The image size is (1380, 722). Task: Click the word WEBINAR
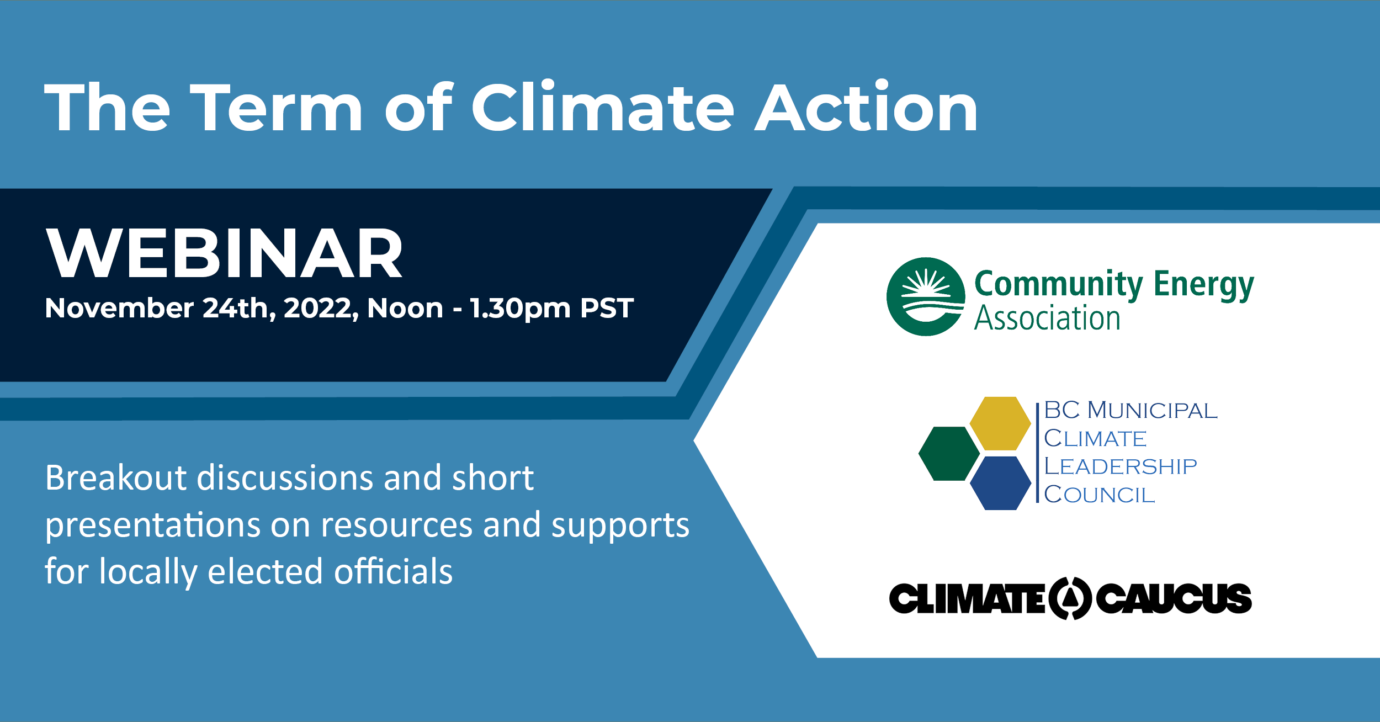pyautogui.click(x=225, y=253)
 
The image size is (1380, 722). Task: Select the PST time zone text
pyautogui.click(x=607, y=308)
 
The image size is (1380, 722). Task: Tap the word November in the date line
pyautogui.click(x=119, y=308)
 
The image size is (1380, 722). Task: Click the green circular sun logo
pyautogui.click(x=926, y=296)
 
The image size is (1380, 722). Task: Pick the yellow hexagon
pyautogui.click(x=1000, y=423)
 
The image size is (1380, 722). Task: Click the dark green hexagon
pyautogui.click(x=949, y=454)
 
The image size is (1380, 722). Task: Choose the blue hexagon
pyautogui.click(x=1000, y=483)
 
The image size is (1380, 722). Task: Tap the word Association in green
pyautogui.click(x=1047, y=318)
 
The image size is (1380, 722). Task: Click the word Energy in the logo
pyautogui.click(x=1204, y=285)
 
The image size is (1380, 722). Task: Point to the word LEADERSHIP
pyautogui.click(x=1121, y=466)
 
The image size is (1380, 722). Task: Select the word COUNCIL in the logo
pyautogui.click(x=1100, y=495)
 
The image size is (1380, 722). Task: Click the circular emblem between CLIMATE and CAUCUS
pyautogui.click(x=1070, y=598)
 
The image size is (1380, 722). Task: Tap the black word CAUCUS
pyautogui.click(x=1174, y=598)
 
